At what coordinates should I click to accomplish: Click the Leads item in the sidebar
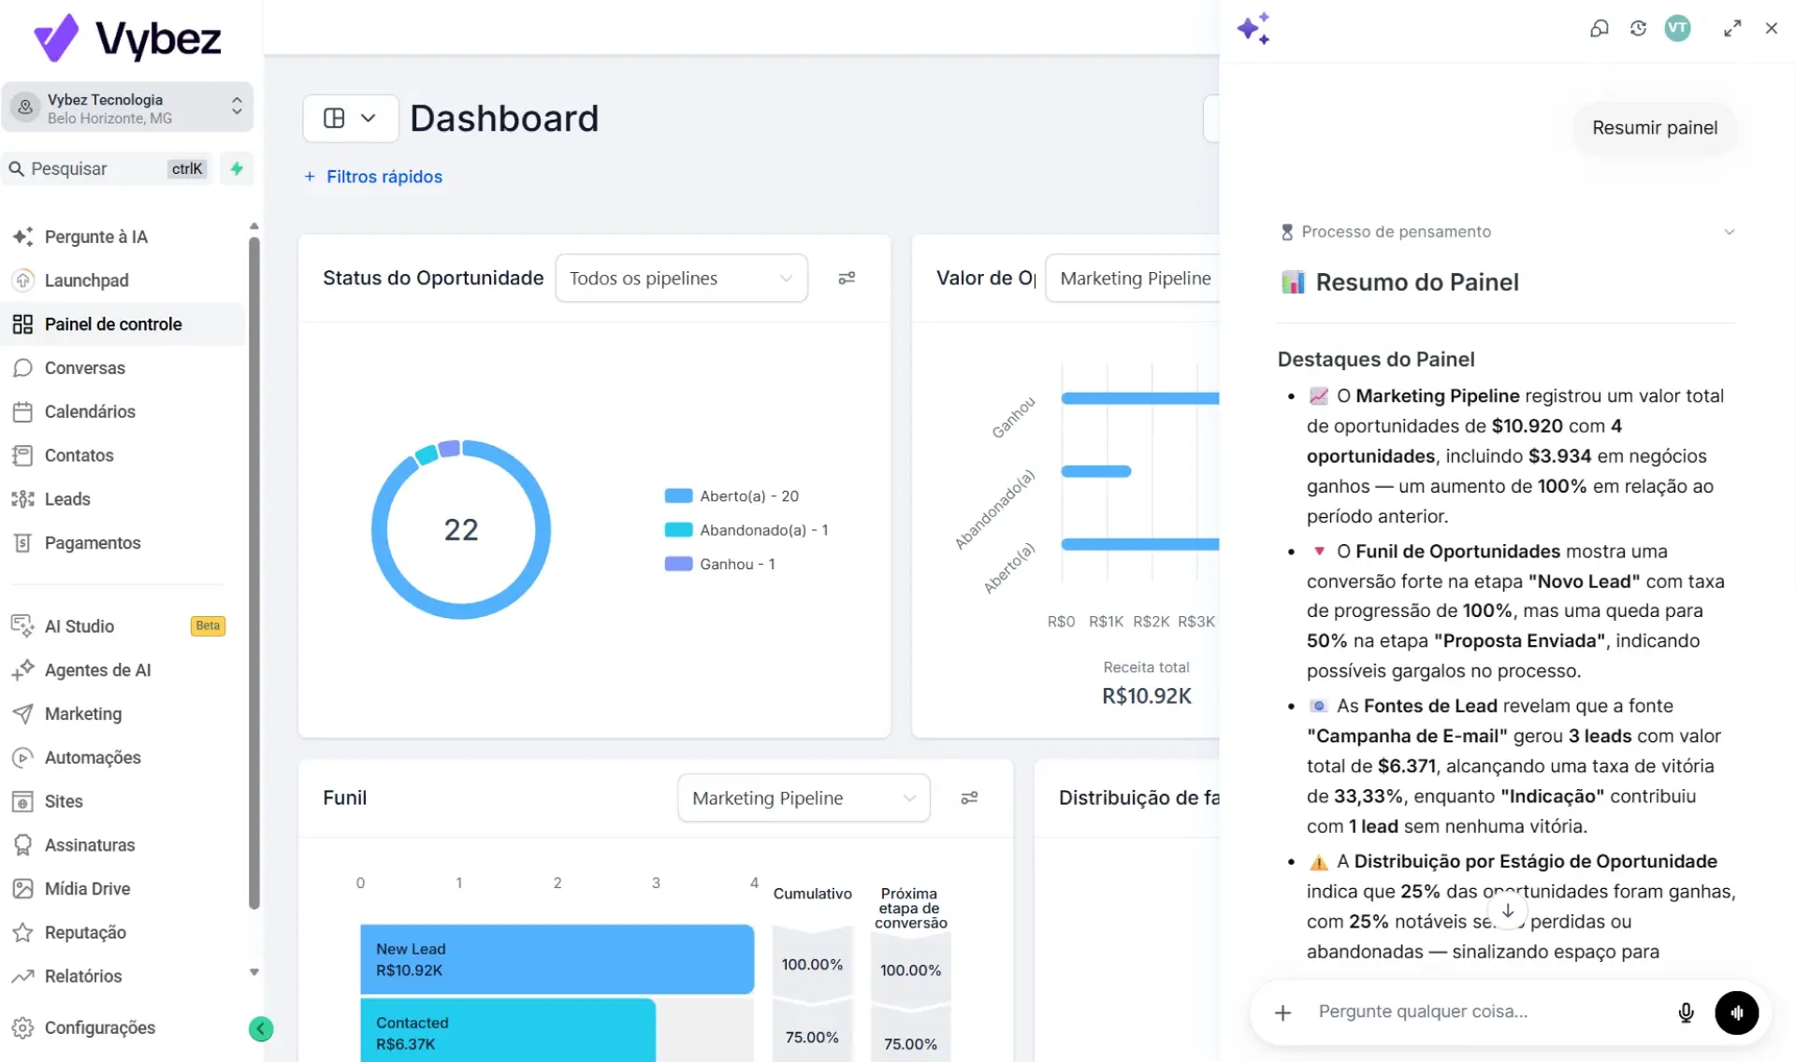(x=67, y=499)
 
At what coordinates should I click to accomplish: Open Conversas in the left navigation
(x=84, y=368)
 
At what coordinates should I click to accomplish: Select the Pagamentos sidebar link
(x=92, y=543)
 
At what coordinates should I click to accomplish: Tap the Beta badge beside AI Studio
(x=208, y=626)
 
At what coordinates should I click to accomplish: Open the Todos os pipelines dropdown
(x=681, y=279)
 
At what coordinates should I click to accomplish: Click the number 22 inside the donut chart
(x=461, y=530)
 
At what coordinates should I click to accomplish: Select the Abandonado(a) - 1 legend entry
(x=746, y=530)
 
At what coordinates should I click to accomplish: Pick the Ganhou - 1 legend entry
(x=719, y=564)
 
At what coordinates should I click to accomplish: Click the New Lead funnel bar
(x=558, y=959)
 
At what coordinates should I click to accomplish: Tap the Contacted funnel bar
(x=508, y=1031)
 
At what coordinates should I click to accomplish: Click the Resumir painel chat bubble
(x=1655, y=128)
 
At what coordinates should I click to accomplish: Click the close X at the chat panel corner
(x=1771, y=29)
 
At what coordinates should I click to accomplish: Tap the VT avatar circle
(x=1677, y=28)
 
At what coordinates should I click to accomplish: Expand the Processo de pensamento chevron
(x=1730, y=232)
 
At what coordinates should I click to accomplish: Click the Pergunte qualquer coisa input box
(x=1487, y=1012)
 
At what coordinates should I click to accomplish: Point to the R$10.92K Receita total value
(x=1147, y=696)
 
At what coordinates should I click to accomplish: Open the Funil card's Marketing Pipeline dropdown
(x=804, y=798)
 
